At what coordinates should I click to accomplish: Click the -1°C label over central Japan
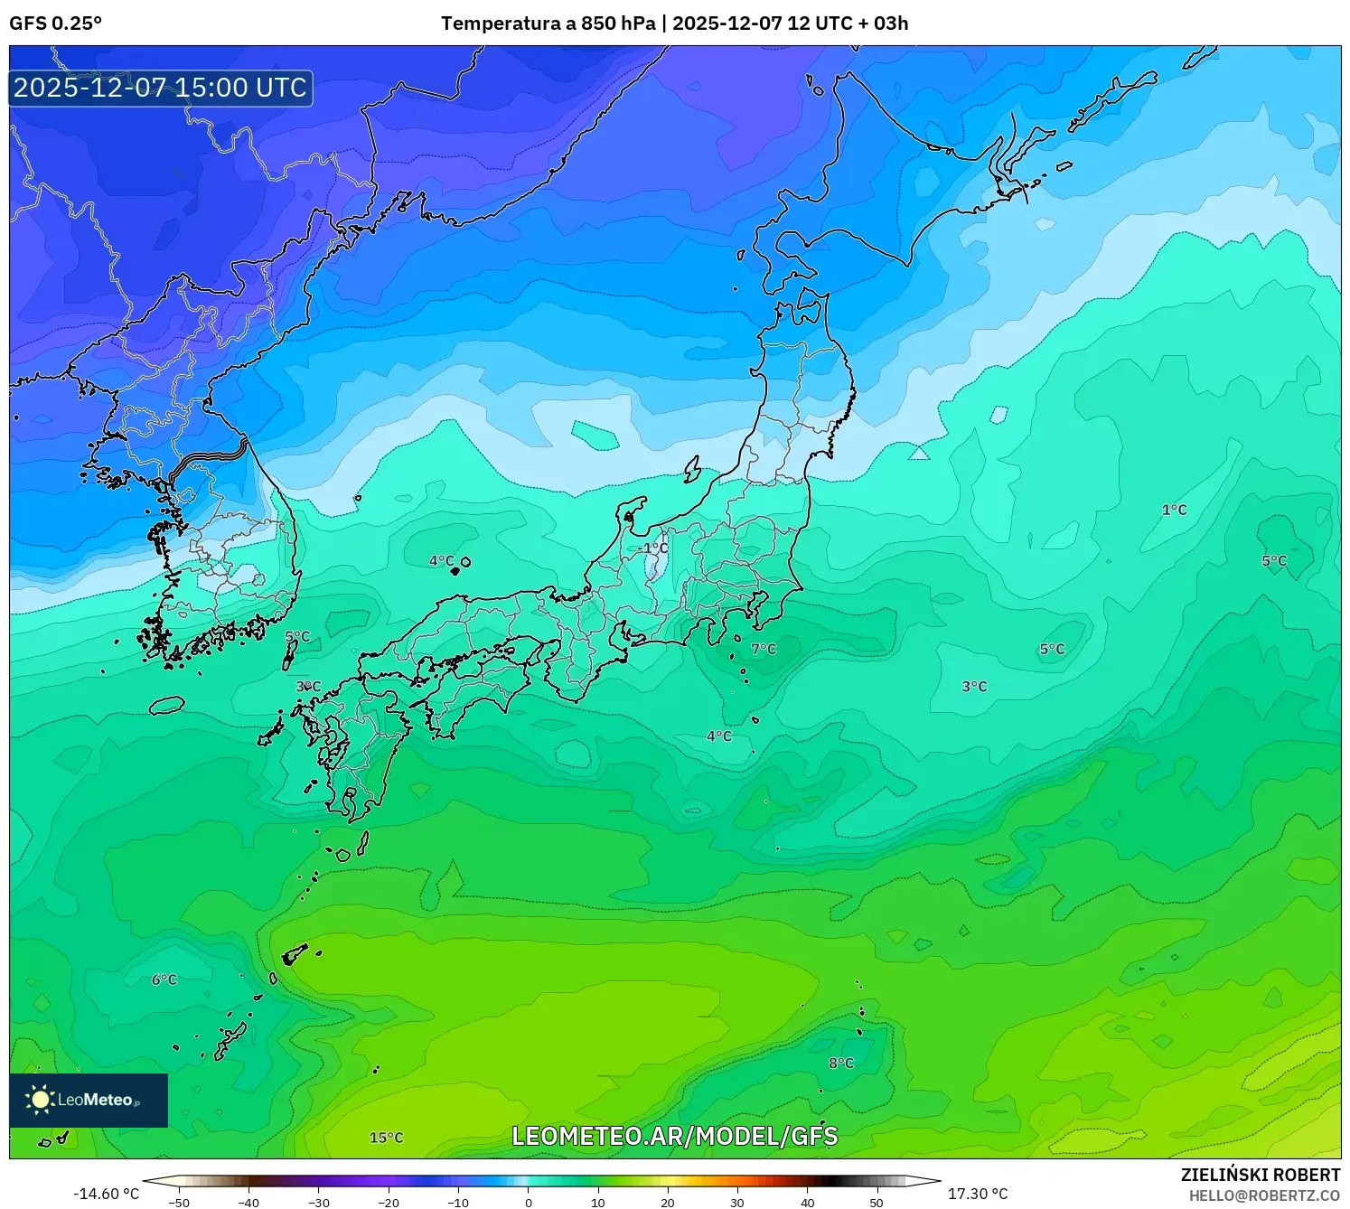click(652, 548)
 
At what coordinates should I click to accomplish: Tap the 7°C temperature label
click(764, 649)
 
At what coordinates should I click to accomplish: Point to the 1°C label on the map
click(1174, 511)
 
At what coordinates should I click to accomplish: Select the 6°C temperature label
click(164, 979)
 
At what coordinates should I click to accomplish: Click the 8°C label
click(841, 1063)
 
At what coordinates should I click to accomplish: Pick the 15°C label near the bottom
click(386, 1138)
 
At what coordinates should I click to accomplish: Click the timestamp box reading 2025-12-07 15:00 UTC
click(161, 88)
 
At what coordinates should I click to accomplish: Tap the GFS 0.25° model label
click(56, 23)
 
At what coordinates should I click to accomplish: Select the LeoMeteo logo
click(89, 1100)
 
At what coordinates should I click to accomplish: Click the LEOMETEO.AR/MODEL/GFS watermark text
click(675, 1136)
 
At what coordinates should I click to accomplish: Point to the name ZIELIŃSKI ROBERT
click(1261, 1175)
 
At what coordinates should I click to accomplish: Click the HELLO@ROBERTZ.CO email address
click(1264, 1195)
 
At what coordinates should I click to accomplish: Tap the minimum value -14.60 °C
click(107, 1194)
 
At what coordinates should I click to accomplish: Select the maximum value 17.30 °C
click(977, 1194)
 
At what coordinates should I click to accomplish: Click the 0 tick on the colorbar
click(529, 1203)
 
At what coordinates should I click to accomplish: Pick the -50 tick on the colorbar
click(179, 1203)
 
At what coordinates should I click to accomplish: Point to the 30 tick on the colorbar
click(737, 1203)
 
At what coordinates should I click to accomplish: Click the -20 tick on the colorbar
click(388, 1203)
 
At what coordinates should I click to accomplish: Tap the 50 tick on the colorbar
click(877, 1203)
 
